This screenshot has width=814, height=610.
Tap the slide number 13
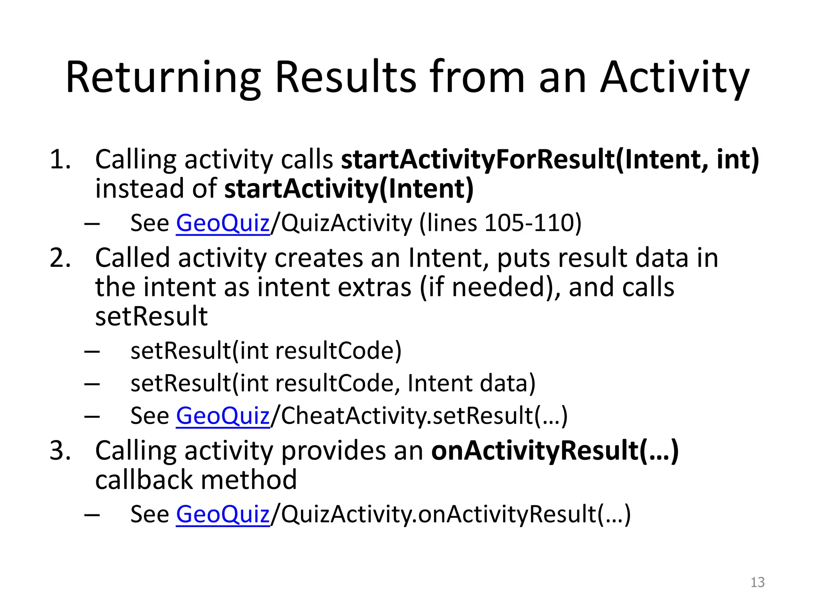point(757,582)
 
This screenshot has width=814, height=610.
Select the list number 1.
point(60,160)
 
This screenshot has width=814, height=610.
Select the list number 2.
point(60,258)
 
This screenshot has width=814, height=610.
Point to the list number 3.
point(60,451)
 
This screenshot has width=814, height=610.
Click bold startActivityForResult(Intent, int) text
point(550,160)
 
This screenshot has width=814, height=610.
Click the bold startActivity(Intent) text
point(349,189)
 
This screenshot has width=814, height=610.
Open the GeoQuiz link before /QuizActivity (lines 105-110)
point(223,223)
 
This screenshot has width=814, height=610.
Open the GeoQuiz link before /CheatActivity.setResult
point(223,416)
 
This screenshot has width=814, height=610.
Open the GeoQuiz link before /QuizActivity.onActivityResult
point(223,514)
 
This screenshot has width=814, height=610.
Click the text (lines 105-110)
point(500,223)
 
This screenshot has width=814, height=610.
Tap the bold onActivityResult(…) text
point(555,451)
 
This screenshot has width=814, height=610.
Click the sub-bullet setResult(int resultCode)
point(266,351)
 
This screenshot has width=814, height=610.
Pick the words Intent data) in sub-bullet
point(471,384)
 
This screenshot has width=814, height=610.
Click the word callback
point(143,480)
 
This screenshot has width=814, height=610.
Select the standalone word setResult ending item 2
point(151,317)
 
